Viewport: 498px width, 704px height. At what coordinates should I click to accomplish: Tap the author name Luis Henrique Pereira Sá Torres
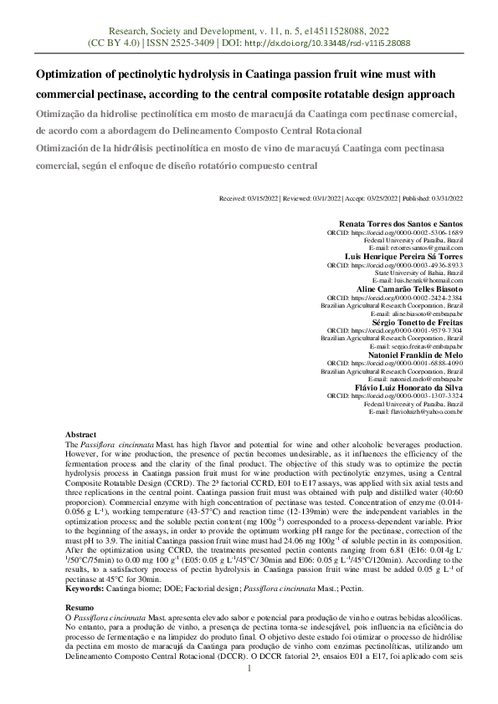pyautogui.click(x=404, y=255)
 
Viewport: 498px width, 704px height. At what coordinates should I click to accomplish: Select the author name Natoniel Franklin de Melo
pyautogui.click(x=416, y=355)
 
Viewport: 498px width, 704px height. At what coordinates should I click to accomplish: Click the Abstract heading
pyautogui.click(x=81, y=436)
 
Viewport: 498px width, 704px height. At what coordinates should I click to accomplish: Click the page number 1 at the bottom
pyautogui.click(x=249, y=692)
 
